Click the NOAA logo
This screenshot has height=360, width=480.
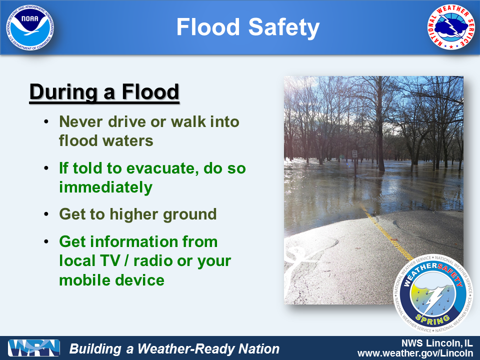tap(29, 27)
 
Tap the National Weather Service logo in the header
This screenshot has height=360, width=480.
tap(450, 27)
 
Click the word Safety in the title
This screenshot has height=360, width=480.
tap(284, 27)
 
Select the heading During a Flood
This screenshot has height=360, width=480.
tap(104, 91)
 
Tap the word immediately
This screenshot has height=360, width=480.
tap(105, 187)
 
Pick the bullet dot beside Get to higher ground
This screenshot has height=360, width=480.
tap(46, 214)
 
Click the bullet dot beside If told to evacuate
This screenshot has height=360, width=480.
tap(46, 168)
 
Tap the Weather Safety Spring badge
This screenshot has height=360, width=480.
tap(433, 293)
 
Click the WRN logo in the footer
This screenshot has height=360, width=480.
tap(33, 348)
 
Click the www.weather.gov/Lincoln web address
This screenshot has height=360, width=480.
tap(415, 353)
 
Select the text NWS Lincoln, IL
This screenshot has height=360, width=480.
tap(437, 343)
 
